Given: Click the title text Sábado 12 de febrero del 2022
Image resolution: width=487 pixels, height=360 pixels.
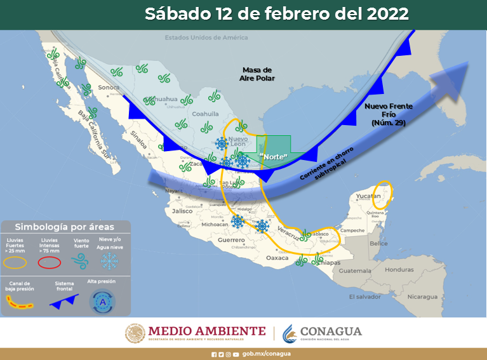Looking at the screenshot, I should pos(276,14).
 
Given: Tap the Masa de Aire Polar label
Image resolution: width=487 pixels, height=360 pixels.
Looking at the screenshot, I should pos(257,74).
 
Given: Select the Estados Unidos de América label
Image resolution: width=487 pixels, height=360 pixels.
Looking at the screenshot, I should pos(206,37).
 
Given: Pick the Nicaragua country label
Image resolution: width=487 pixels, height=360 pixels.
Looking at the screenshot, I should pos(422,297).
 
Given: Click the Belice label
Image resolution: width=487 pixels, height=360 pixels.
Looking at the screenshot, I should pos(378,244).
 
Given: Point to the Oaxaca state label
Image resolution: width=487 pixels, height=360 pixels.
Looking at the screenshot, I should pos(277,258).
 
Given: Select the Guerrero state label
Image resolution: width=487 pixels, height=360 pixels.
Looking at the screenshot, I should pos(231,241).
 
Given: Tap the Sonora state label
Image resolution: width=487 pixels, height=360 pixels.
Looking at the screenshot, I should pos(109,87).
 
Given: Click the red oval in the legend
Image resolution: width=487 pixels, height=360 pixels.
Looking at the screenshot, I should pos(50,262).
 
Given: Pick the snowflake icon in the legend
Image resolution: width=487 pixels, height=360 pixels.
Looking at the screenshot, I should pos(110,260).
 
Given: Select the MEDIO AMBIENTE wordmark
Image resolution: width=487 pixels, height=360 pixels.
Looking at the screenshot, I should pos(206,331).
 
